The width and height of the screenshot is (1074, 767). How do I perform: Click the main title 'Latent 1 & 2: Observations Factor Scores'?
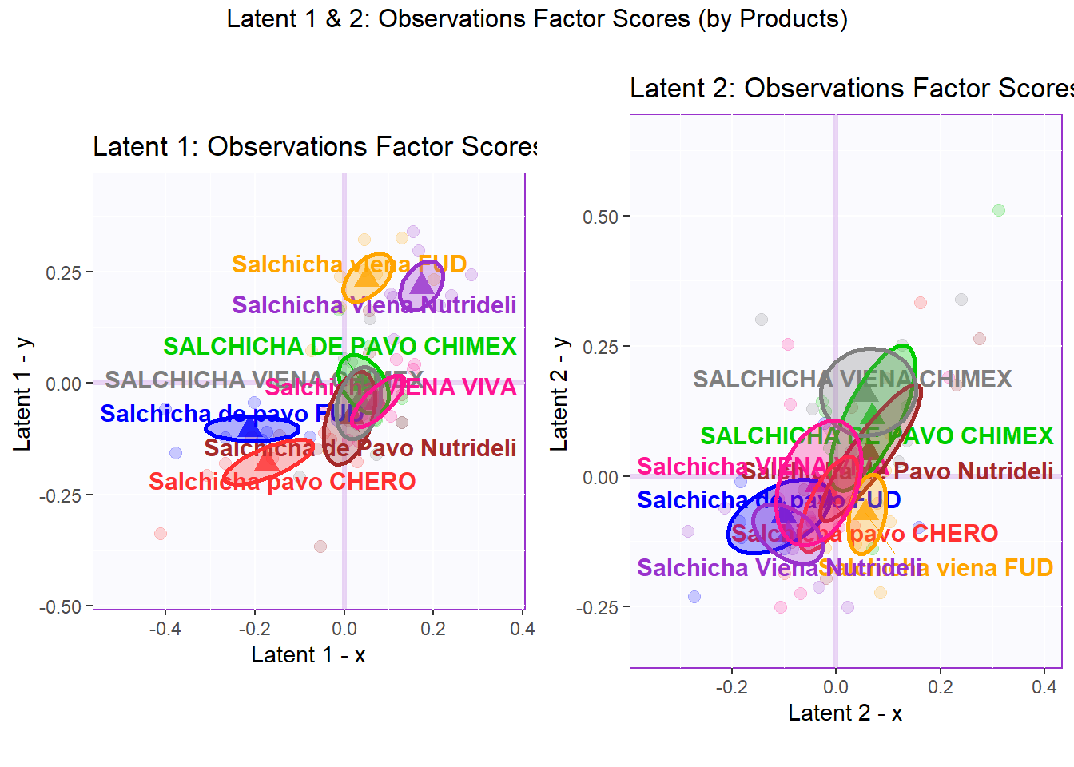tap(537, 18)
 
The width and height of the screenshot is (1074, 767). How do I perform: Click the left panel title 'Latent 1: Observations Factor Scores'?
tap(315, 147)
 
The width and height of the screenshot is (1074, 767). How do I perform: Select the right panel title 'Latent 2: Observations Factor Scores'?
tap(850, 88)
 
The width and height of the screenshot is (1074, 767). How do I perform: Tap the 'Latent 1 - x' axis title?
tap(308, 655)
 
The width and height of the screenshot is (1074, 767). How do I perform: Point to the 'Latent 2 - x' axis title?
tap(845, 713)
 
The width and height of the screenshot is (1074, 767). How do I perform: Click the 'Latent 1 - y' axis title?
tap(22, 393)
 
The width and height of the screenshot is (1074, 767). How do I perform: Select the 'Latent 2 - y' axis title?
tap(559, 393)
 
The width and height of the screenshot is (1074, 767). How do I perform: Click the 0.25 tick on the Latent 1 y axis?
tap(64, 272)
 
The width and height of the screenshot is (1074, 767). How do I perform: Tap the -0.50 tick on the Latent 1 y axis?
tap(61, 607)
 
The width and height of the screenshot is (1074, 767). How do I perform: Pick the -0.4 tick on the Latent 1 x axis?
tap(165, 629)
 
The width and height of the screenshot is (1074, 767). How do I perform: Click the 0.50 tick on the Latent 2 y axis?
tap(601, 217)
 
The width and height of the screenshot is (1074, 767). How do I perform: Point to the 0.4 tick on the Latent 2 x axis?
tap(1044, 687)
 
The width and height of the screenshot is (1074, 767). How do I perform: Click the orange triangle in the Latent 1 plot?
tap(366, 276)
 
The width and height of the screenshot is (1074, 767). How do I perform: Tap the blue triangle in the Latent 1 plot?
tap(250, 427)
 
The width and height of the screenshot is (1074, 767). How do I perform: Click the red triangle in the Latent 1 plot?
tap(266, 459)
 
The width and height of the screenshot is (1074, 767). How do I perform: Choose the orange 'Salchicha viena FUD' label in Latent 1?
tap(349, 264)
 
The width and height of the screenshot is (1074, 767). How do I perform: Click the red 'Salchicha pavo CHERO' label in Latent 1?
tap(282, 482)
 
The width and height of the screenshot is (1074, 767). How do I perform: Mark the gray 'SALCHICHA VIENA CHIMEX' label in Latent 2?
tap(852, 379)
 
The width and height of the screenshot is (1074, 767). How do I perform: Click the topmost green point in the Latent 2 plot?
tap(999, 210)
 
